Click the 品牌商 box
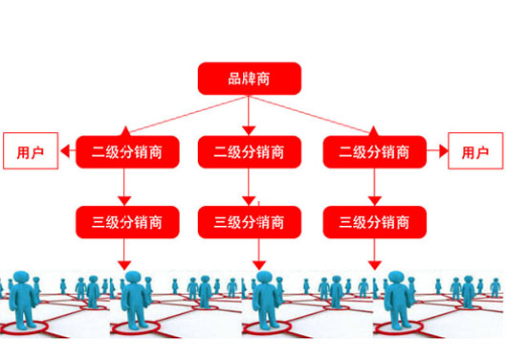coord(249,79)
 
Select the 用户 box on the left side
coord(30,151)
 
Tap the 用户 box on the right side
coord(474,151)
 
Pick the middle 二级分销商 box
coord(249,151)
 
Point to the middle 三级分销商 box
coord(249,222)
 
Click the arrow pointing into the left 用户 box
coord(67,151)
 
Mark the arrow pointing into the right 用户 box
coord(436,151)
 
